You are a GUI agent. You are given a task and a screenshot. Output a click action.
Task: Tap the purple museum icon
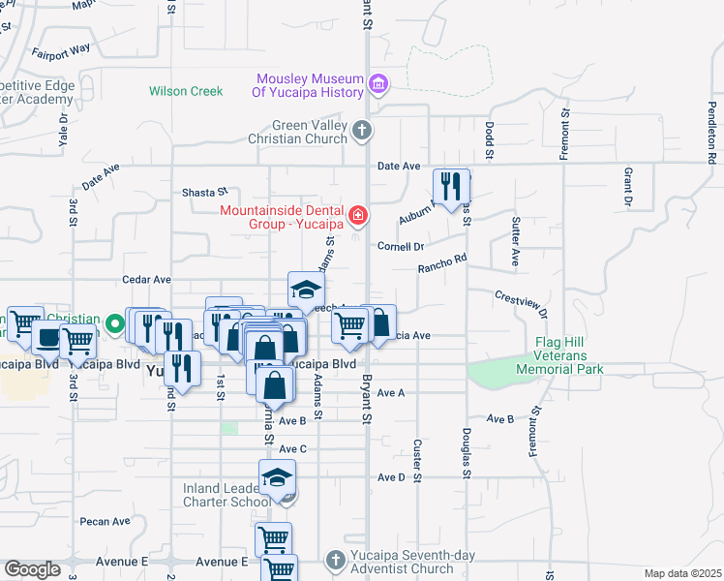[x=378, y=85]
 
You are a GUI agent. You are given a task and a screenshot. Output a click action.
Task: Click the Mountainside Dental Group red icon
[x=358, y=214]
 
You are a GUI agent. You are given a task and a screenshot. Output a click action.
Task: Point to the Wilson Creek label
[x=186, y=91]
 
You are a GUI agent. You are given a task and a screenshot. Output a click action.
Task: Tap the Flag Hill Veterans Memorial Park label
[x=570, y=355]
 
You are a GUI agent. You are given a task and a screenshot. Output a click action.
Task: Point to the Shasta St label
[x=204, y=193]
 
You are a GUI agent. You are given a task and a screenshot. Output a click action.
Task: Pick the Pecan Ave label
[x=106, y=521]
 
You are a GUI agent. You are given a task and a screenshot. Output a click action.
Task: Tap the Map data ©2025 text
[x=682, y=573]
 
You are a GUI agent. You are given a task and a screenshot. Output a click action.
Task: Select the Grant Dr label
[x=628, y=188]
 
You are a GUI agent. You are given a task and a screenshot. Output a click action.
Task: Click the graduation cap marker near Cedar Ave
[x=306, y=289]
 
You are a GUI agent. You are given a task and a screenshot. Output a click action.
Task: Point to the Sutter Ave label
[x=515, y=243]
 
